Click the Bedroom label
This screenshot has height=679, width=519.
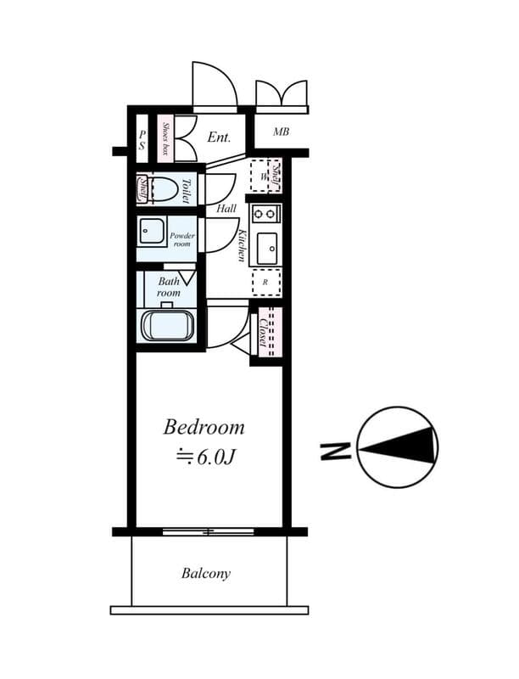click(x=204, y=426)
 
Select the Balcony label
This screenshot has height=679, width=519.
click(x=205, y=574)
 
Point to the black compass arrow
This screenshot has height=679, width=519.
click(x=406, y=446)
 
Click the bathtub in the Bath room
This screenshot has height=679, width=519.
click(x=167, y=326)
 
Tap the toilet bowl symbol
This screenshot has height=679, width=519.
click(x=161, y=189)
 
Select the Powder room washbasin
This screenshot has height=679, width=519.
click(x=153, y=231)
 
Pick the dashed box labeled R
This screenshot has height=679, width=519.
click(x=266, y=281)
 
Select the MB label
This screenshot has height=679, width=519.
click(x=281, y=132)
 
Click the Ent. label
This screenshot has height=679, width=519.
click(x=219, y=136)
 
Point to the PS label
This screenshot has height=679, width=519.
click(x=142, y=139)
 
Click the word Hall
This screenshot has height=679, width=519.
click(x=226, y=208)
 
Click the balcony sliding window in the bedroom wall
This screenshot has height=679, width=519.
click(x=209, y=531)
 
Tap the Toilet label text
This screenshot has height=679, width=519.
click(x=187, y=190)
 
